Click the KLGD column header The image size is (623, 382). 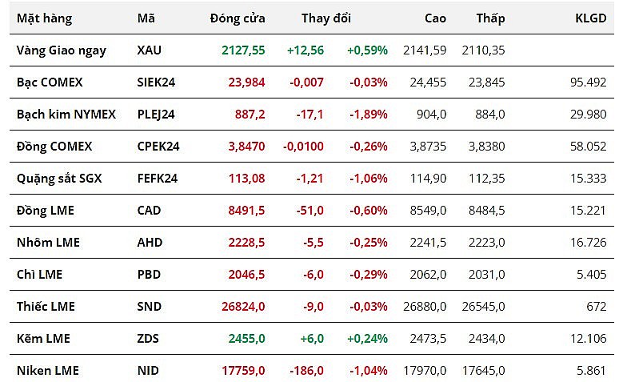[x=591, y=18]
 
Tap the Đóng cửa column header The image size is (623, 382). [x=238, y=18]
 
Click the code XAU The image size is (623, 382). [x=149, y=50]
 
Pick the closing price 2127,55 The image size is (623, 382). [x=243, y=50]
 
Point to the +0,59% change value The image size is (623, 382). [x=367, y=50]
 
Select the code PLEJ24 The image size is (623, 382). [x=156, y=114]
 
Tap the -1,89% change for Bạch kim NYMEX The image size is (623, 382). [x=368, y=114]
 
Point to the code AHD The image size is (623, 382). [x=150, y=242]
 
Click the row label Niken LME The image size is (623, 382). [x=48, y=370]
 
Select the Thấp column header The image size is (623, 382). [x=490, y=18]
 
